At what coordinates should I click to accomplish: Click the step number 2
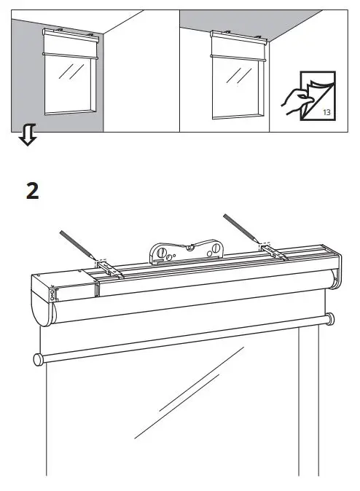tap(31, 192)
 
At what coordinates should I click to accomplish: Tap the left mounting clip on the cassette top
tap(107, 269)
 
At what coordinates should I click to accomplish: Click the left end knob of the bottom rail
tap(36, 358)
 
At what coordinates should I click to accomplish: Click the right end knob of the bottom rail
tap(331, 318)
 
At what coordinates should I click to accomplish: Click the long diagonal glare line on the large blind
tap(189, 393)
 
